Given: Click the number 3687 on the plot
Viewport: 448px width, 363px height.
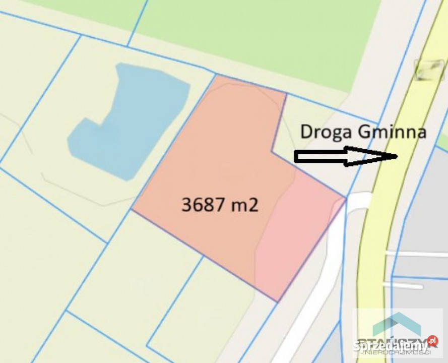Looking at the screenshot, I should [202, 205].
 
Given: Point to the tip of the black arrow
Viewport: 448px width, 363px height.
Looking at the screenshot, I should [397, 156].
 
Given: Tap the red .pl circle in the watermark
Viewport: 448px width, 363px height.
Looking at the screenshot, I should [432, 341].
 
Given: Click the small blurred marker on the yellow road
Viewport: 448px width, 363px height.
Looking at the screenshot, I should [429, 70].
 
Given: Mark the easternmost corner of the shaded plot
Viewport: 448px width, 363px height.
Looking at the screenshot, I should [346, 198].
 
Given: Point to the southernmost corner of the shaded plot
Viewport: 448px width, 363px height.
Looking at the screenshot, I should [277, 301].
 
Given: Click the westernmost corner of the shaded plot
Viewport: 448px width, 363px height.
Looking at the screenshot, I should [132, 209].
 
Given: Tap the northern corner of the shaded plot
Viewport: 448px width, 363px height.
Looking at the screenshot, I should [216, 76].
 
